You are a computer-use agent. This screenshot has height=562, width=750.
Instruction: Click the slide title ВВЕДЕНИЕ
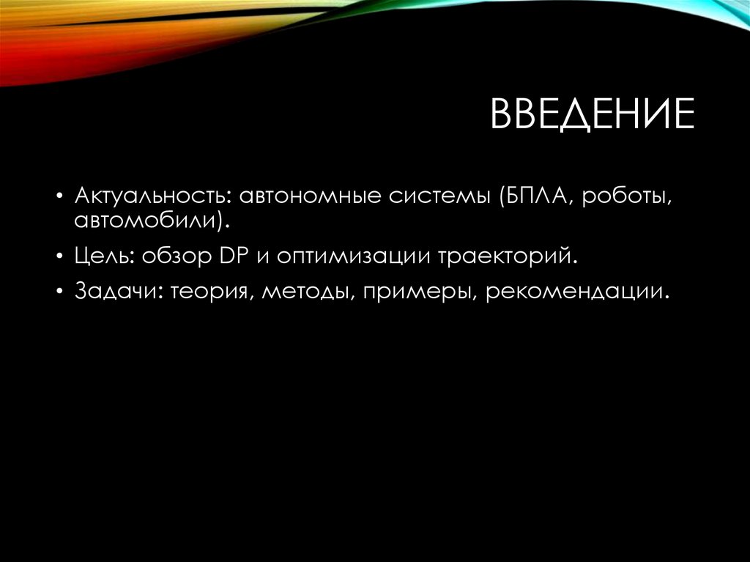pyautogui.click(x=592, y=115)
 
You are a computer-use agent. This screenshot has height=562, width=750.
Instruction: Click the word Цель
pyautogui.click(x=105, y=257)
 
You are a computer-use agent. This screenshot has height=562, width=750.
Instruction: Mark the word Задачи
pyautogui.click(x=118, y=293)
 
